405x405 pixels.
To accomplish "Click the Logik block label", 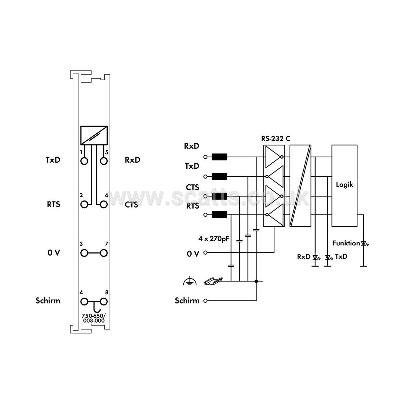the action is pos(345,185).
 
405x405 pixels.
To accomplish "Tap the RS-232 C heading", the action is pos(275,138).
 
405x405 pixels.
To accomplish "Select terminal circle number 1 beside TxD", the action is pos(84,161).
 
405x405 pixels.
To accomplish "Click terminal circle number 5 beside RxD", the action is pos(104,161).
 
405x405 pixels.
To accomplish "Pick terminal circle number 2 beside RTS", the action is pos(84,204).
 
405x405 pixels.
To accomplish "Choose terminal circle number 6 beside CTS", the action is pos(104,204).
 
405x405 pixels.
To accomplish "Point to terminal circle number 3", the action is pos(84,253).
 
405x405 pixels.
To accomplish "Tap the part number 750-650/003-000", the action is pos(94,318).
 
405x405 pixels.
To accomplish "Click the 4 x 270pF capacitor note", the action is pos(214,239).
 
